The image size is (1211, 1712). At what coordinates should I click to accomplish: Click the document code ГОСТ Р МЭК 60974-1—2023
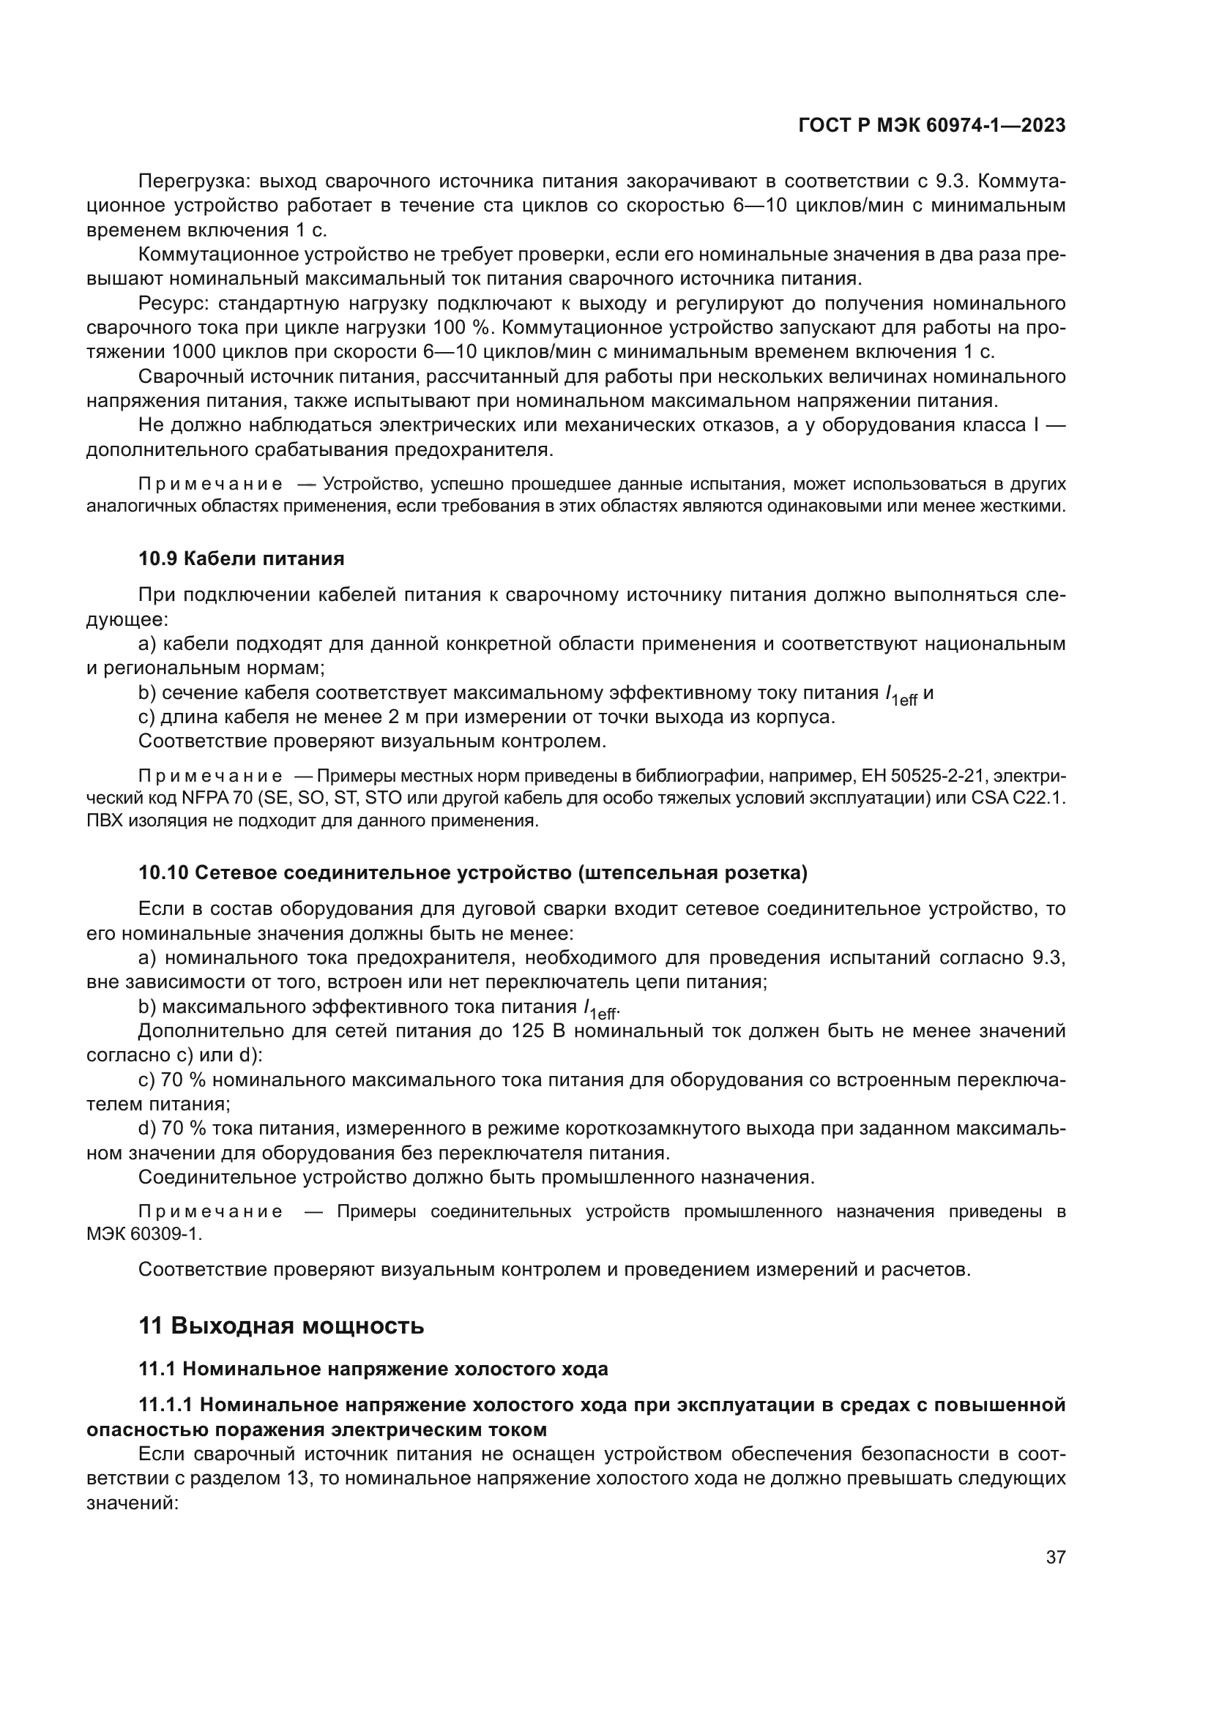931,126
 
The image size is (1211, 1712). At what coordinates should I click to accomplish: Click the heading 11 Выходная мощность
281,1326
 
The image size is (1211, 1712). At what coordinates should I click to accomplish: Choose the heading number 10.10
164,873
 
